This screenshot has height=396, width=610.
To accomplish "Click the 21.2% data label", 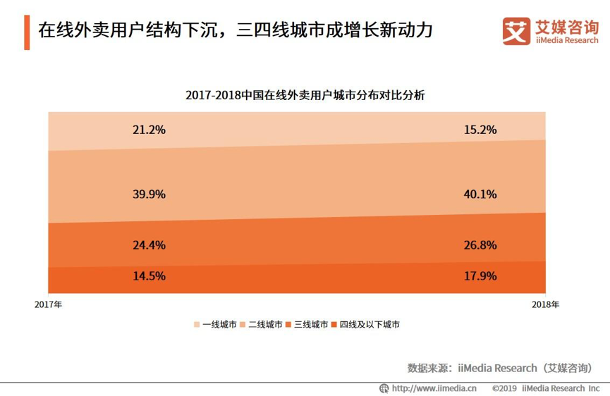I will coord(149,130).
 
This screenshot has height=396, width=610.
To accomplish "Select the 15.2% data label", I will coord(480,130).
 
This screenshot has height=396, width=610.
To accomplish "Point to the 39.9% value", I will coord(149,194).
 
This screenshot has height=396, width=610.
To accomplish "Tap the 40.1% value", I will coord(480,194).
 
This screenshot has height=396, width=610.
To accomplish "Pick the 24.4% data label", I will coord(149,245).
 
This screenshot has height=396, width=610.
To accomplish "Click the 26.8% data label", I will coord(480,245).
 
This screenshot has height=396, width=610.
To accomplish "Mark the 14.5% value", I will coord(149,276).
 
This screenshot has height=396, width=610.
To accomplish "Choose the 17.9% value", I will coord(480,276).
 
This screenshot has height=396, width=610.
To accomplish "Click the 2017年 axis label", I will coord(49,305).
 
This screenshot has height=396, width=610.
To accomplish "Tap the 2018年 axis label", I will coord(546,305).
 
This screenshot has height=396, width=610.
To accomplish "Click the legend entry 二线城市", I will coord(263,325).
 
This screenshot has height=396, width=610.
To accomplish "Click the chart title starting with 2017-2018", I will coord(305,95).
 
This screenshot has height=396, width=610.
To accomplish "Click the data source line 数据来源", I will coord(499,367).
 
